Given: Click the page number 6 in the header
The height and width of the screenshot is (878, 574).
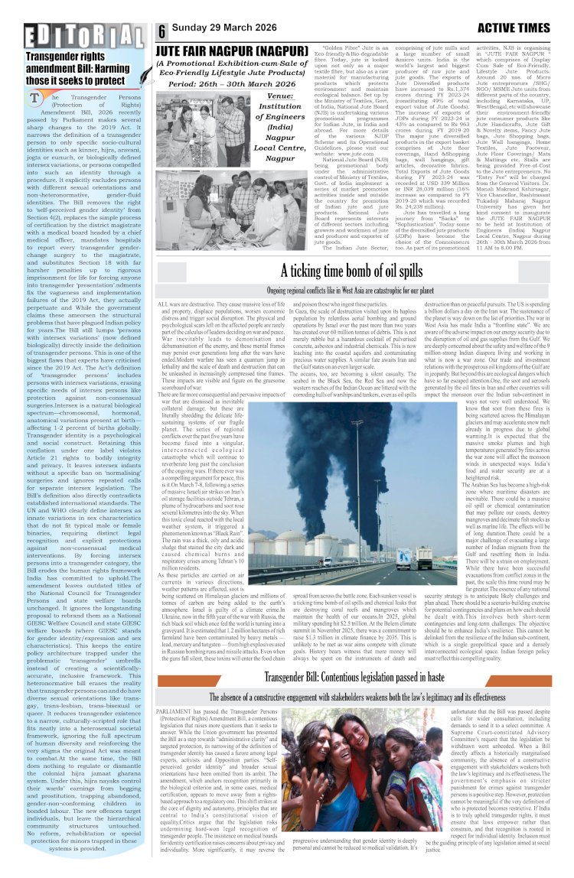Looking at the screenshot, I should click(x=163, y=32).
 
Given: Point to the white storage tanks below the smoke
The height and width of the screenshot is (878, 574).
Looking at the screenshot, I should click(x=321, y=535).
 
